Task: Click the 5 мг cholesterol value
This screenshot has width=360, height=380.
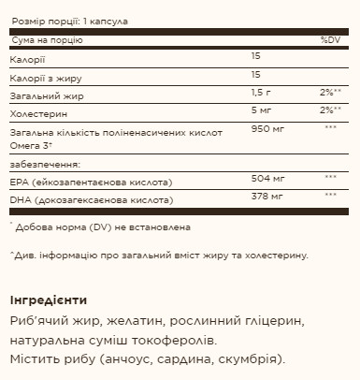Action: pyautogui.click(x=262, y=110)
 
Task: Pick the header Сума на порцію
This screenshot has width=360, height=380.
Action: pyautogui.click(x=48, y=41)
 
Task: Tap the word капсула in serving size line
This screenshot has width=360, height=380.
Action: pyautogui.click(x=109, y=20)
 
